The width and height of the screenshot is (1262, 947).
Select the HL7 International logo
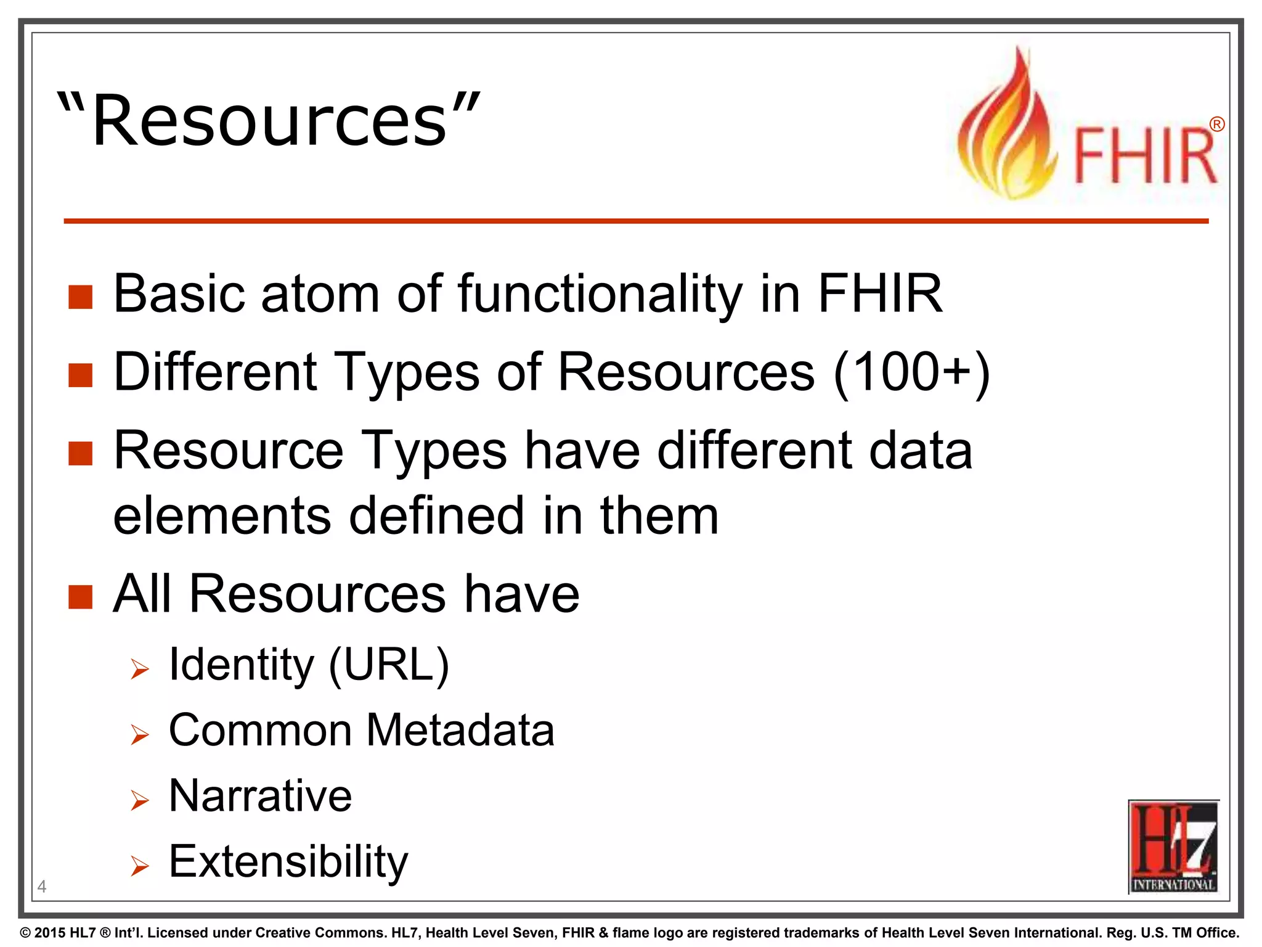(x=1173, y=847)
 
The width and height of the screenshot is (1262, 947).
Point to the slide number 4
(x=42, y=887)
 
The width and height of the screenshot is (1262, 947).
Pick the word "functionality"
(x=600, y=295)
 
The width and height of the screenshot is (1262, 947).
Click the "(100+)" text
(x=911, y=372)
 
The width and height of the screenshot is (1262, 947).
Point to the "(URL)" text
(x=389, y=665)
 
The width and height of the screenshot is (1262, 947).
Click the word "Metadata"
(x=460, y=730)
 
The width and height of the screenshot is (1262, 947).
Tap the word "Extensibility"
(x=288, y=862)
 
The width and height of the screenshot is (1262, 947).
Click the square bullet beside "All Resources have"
(x=80, y=596)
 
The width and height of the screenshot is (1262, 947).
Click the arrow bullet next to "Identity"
(x=140, y=669)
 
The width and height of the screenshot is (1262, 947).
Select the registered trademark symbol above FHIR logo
(x=1216, y=125)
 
